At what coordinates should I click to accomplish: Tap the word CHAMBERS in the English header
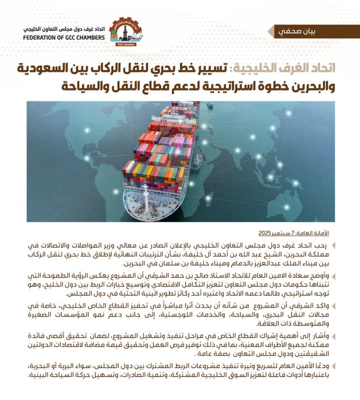[x=93, y=36]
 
